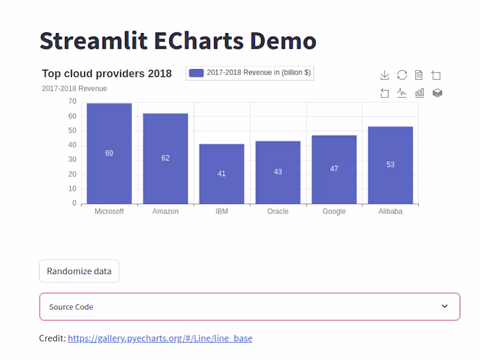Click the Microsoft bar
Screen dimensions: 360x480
(109, 174)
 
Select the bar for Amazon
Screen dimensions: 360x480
(166, 180)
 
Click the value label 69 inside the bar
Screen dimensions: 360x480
(109, 154)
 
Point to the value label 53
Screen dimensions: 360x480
(391, 164)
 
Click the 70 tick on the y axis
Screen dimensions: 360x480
(72, 102)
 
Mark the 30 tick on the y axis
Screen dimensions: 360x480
(72, 160)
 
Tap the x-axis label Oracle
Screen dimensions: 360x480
(278, 212)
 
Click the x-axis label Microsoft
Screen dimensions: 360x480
(109, 212)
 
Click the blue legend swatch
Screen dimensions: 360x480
(196, 73)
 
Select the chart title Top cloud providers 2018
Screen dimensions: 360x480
(107, 74)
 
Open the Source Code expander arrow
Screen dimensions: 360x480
(445, 307)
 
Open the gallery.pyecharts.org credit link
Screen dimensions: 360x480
(160, 338)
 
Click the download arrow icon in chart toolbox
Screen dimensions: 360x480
(385, 75)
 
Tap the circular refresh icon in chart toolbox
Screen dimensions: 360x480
(402, 75)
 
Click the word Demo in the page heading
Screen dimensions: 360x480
(283, 41)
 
